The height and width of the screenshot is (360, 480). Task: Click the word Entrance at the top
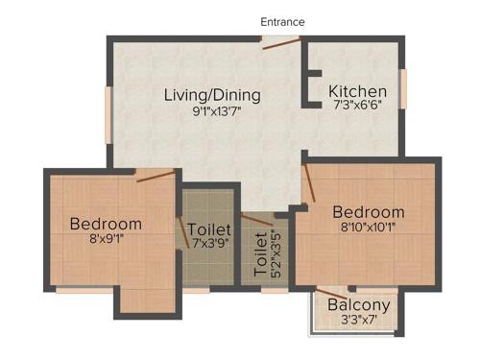tap(282, 21)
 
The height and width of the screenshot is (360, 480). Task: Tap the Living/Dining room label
tap(212, 95)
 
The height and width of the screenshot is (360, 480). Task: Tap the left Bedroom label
tap(106, 224)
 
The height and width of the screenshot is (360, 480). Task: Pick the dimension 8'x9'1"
tap(106, 239)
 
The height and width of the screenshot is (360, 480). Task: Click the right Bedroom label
tap(369, 212)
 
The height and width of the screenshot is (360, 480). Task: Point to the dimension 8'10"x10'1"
tap(369, 228)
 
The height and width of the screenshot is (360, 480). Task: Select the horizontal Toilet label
tap(209, 230)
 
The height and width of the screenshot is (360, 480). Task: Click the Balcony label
tap(358, 306)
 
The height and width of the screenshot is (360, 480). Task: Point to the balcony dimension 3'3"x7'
tap(357, 322)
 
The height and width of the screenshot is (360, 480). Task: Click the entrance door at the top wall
tap(281, 39)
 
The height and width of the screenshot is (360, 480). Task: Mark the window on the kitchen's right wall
tap(403, 88)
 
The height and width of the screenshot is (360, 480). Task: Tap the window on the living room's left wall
tap(108, 115)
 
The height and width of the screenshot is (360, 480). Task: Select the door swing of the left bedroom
tap(154, 176)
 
